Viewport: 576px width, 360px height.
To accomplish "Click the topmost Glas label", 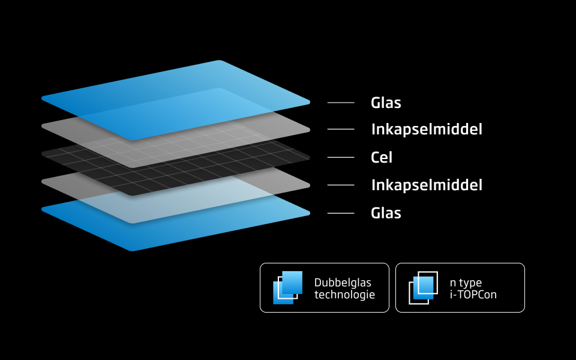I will [386, 103].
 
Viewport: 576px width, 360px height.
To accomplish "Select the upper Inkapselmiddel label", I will [427, 129].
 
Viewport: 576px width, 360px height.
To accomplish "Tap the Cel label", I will [382, 157].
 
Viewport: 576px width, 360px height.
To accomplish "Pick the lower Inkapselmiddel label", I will [427, 185].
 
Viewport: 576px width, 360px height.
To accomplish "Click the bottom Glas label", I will [386, 213].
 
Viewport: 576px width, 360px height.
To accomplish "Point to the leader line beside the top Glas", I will [341, 103].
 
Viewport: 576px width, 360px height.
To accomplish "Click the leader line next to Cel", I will [341, 157].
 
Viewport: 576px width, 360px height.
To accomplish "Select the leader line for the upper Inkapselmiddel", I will [341, 129].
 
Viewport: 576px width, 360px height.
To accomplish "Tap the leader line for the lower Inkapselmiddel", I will [341, 185].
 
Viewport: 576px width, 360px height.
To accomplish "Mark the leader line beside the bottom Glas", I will [341, 213].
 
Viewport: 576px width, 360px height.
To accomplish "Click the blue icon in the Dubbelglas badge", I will [288, 287].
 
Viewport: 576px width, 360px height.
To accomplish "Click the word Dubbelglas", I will [343, 282].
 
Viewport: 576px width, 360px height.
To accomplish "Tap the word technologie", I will [344, 295].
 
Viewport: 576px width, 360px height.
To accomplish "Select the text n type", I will [466, 282].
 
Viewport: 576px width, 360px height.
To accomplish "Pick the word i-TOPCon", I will [473, 295].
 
